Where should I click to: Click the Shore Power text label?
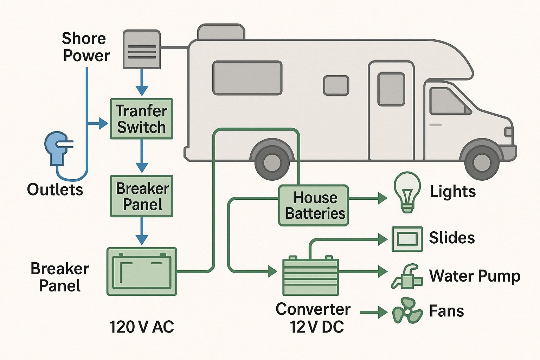point(85,47)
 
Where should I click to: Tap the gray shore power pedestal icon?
point(142,50)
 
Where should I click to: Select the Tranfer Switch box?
point(142,119)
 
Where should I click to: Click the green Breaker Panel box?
point(142,196)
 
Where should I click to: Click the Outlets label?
point(55,189)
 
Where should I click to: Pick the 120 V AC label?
point(141,327)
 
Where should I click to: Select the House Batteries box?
point(314,205)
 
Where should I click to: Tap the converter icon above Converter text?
point(311,276)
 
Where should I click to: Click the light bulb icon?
point(407,192)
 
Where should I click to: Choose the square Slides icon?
point(407,239)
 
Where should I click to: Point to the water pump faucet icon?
point(407,277)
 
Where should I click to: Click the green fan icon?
point(407,311)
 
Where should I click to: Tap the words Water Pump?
point(475,276)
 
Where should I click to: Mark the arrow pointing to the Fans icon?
point(374,312)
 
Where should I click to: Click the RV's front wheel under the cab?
point(482,162)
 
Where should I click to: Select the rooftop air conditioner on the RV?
point(221,32)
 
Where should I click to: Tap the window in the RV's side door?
point(391,89)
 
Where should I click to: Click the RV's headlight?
point(508,132)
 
